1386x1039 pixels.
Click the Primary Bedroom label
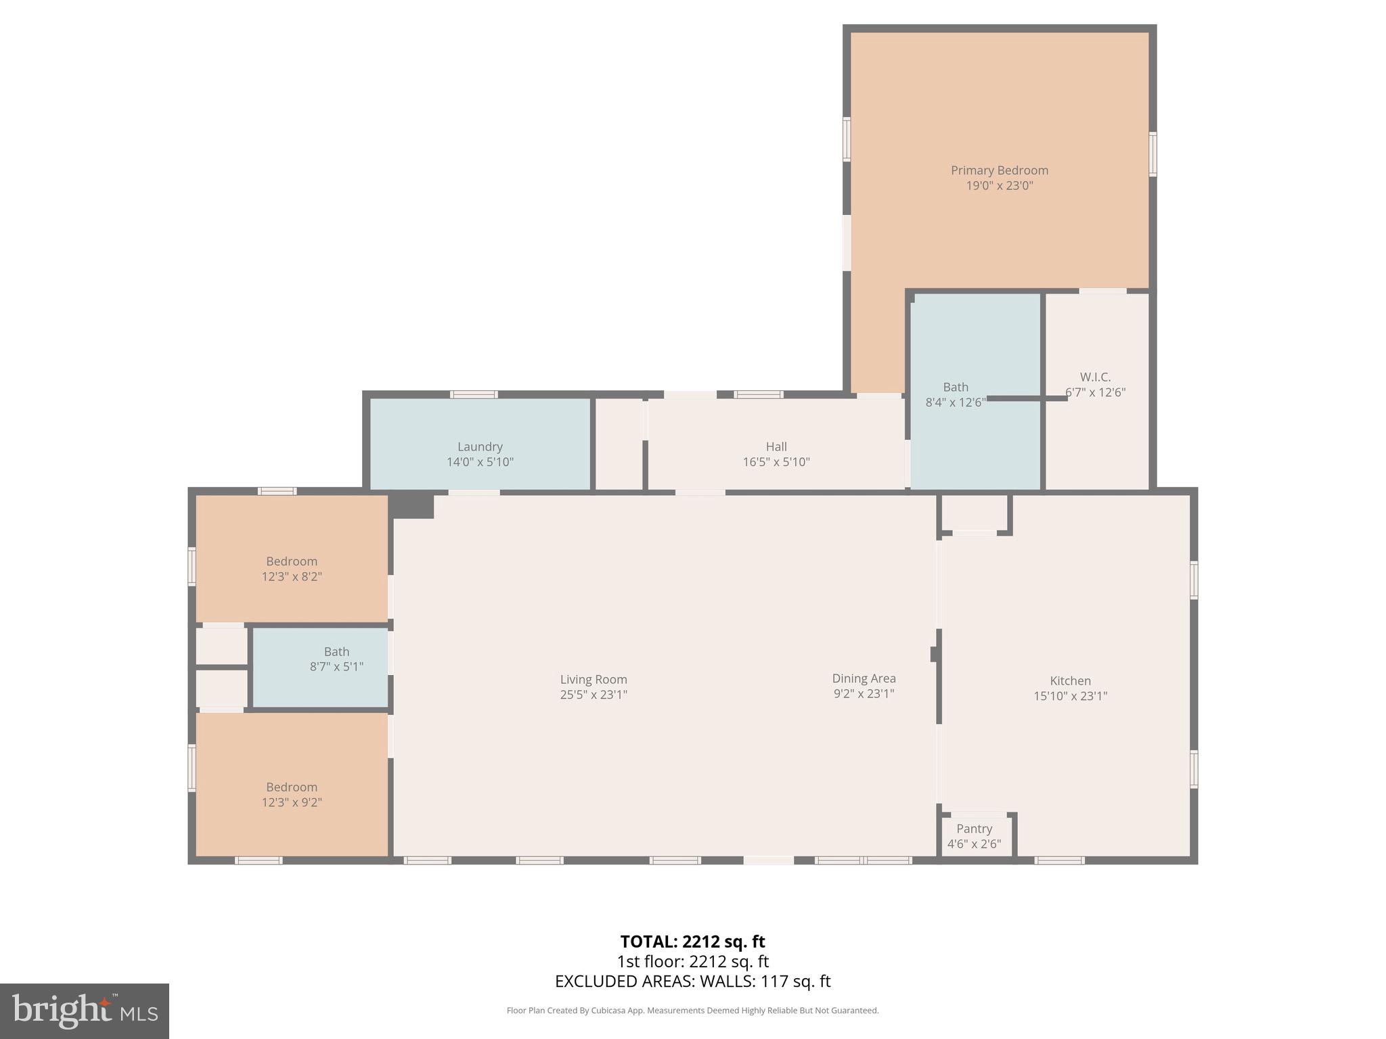pyautogui.click(x=999, y=170)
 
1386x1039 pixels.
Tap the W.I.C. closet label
pyautogui.click(x=1095, y=377)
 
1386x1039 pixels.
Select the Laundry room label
pyautogui.click(x=480, y=446)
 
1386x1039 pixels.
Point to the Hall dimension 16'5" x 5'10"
pyautogui.click(x=776, y=462)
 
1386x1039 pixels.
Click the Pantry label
pyautogui.click(x=974, y=829)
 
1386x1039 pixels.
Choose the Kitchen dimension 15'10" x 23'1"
pyautogui.click(x=1070, y=696)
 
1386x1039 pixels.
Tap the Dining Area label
pyautogui.click(x=864, y=678)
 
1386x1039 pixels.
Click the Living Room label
pyautogui.click(x=594, y=679)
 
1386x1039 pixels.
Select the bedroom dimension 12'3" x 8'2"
pyautogui.click(x=292, y=577)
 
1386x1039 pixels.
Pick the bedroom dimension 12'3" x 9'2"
pyautogui.click(x=292, y=803)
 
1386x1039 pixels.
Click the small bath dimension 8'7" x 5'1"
pyautogui.click(x=336, y=667)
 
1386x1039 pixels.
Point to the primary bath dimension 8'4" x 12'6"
pyautogui.click(x=955, y=402)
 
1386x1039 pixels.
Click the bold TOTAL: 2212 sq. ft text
pyautogui.click(x=692, y=942)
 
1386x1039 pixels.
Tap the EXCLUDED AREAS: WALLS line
pyautogui.click(x=692, y=982)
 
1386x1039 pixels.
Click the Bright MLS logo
pyautogui.click(x=85, y=1011)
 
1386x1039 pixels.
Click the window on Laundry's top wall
pyautogui.click(x=474, y=394)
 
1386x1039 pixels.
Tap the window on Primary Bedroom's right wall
pyautogui.click(x=1153, y=154)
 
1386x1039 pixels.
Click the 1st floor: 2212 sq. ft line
pyautogui.click(x=692, y=961)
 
